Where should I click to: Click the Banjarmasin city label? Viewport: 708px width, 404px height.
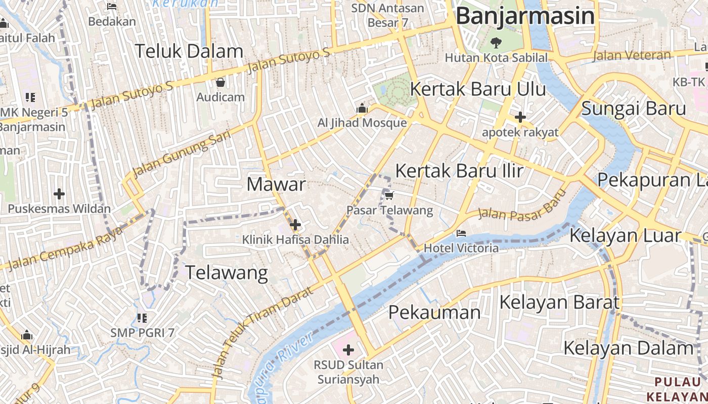(525, 16)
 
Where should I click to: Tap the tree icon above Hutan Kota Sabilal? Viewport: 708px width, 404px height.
(496, 42)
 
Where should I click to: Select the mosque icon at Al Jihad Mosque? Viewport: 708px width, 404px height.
(362, 108)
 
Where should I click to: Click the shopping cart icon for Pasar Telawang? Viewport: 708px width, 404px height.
(389, 195)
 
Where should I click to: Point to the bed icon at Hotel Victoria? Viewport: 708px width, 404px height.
(461, 233)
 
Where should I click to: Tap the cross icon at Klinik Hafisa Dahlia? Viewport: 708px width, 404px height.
(295, 225)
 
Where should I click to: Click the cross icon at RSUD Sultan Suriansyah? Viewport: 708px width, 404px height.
(348, 349)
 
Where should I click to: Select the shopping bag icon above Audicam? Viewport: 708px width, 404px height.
(220, 82)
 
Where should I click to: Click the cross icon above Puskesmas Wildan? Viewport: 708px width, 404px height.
(59, 193)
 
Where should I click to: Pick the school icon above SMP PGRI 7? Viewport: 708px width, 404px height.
(142, 318)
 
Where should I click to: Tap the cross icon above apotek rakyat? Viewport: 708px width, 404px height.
(520, 118)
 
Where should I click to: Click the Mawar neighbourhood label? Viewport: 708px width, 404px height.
(276, 184)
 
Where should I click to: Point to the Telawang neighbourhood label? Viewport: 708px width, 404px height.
(227, 273)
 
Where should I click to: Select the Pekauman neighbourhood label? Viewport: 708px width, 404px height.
(434, 312)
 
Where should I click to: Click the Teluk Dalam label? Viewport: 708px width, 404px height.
(189, 52)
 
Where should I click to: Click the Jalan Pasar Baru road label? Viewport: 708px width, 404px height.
(521, 206)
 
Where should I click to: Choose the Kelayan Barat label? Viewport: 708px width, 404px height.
(559, 302)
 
